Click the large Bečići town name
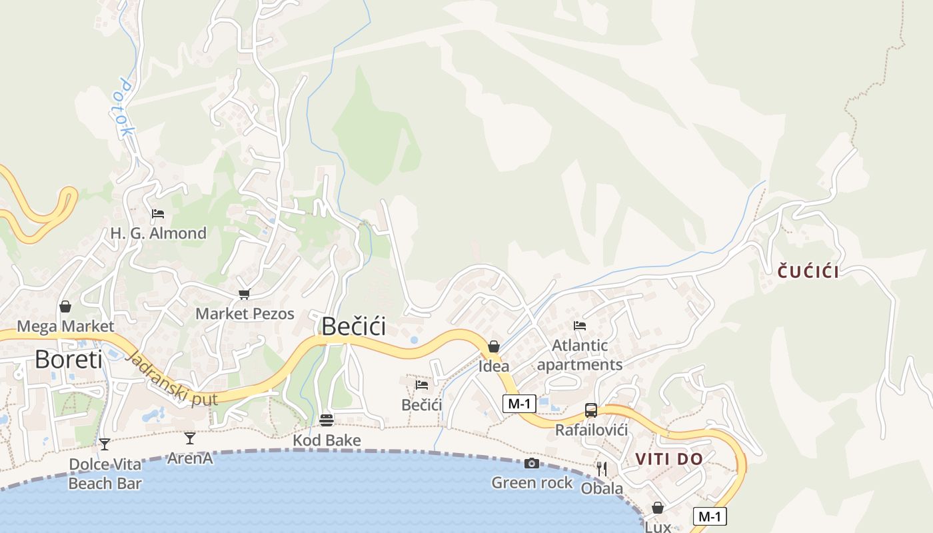click(x=353, y=326)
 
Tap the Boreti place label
click(x=69, y=360)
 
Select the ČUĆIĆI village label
click(x=808, y=271)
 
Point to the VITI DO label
click(x=669, y=459)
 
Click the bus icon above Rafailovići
click(x=591, y=410)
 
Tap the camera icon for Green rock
click(x=531, y=463)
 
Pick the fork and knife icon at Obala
click(x=602, y=469)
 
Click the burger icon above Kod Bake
click(x=326, y=420)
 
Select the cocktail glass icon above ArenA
click(x=190, y=438)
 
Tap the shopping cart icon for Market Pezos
click(x=245, y=294)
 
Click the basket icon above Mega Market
click(x=65, y=306)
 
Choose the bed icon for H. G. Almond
click(x=158, y=214)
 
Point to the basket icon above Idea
click(x=494, y=346)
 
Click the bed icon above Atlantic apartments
click(x=580, y=326)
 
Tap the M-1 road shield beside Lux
click(x=710, y=516)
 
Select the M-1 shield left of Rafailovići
click(x=519, y=403)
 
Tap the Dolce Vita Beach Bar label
click(x=105, y=474)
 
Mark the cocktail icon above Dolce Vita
click(x=105, y=444)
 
